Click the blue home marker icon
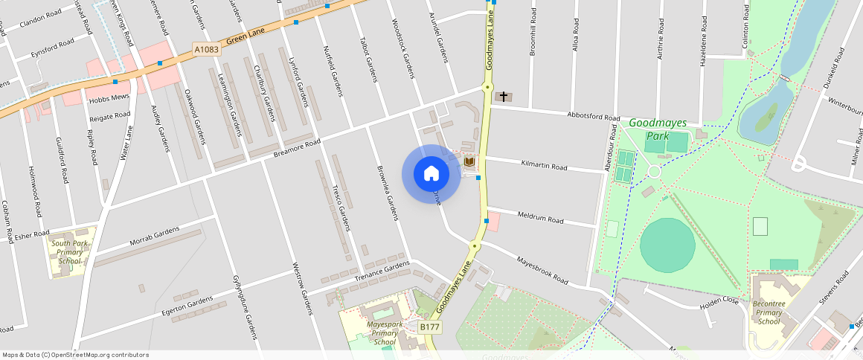click(x=431, y=174)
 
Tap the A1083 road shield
click(x=206, y=49)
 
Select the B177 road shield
click(x=429, y=327)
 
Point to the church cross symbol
click(x=504, y=97)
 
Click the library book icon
click(x=469, y=161)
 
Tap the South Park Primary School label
click(x=70, y=252)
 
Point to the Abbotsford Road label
click(x=593, y=116)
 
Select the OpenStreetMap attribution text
click(x=75, y=355)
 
